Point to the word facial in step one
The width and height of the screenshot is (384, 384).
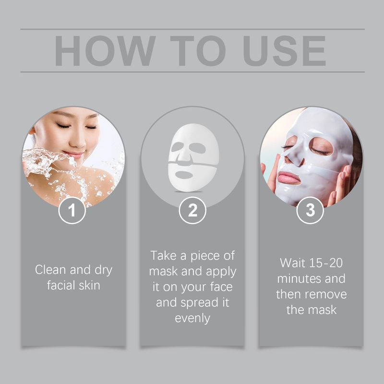point(61,285)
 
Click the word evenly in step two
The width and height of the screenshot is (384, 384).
point(192,318)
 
